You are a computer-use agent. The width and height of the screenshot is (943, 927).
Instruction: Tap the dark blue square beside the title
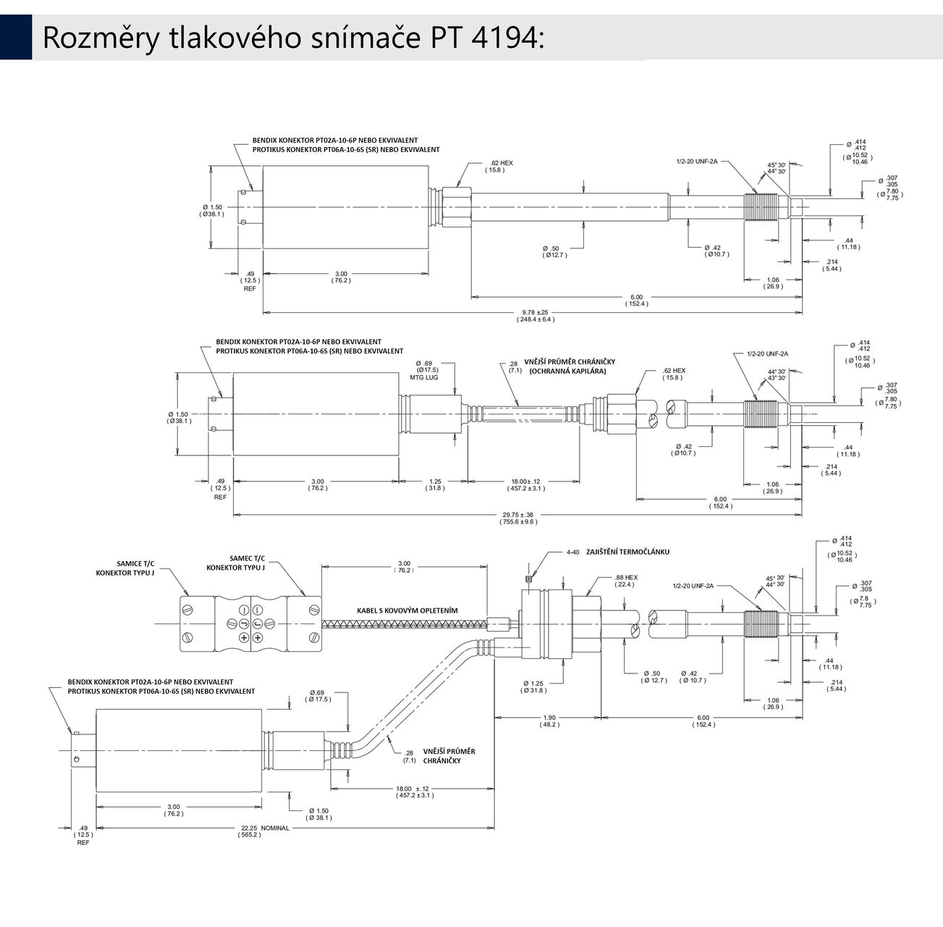[x=15, y=37]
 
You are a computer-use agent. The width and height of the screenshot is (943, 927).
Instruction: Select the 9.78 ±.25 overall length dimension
[x=536, y=315]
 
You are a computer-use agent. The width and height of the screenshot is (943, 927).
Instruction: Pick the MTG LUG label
[x=423, y=377]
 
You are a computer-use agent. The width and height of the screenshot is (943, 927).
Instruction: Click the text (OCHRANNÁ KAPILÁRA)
[x=567, y=371]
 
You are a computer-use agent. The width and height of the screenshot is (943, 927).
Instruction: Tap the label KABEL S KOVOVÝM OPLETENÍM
[x=407, y=611]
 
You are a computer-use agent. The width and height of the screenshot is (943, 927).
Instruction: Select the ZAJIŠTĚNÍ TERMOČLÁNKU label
[x=627, y=552]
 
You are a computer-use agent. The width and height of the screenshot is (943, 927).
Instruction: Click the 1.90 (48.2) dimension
[x=549, y=721]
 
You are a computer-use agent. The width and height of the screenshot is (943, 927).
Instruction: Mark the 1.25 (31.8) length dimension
[x=435, y=485]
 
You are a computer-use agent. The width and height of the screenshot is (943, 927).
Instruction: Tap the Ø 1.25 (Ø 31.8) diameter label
[x=536, y=687]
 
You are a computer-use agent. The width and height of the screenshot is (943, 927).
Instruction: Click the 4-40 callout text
[x=573, y=552]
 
